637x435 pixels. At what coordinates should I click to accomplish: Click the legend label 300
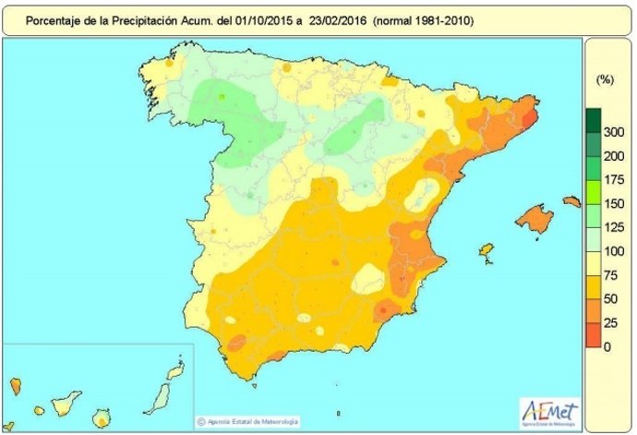click(x=611, y=133)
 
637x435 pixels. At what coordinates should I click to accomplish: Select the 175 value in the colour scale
click(x=611, y=177)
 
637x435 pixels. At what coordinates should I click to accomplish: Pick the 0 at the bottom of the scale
click(x=606, y=346)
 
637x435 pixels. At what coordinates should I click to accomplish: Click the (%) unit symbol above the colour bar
click(x=607, y=80)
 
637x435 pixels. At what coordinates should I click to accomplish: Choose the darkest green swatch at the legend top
click(x=593, y=120)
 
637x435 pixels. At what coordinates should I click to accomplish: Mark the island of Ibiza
click(x=485, y=251)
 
